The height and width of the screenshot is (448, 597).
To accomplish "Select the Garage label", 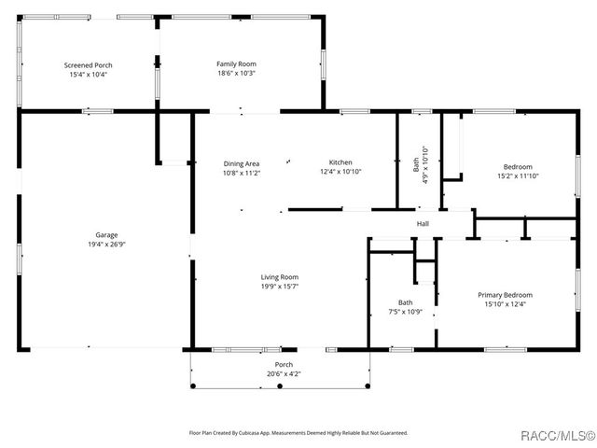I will point(106,234).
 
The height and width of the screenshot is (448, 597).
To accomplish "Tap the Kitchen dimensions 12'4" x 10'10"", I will point(340,173).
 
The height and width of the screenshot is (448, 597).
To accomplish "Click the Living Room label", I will point(279,277).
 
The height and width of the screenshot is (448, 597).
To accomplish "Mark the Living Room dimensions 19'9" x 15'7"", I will point(279,287).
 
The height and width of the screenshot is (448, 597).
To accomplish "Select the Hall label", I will point(423,224).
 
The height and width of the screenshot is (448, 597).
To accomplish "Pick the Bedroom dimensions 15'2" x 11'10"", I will point(518,175).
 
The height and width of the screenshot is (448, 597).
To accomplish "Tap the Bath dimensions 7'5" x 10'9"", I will point(405,312).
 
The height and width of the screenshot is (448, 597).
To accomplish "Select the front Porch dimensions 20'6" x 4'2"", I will point(282,374).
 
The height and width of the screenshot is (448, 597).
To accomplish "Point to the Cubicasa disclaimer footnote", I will point(298,433).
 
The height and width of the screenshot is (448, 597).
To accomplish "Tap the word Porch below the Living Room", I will point(283,365).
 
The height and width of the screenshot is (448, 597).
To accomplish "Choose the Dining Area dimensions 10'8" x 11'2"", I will point(241,173).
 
